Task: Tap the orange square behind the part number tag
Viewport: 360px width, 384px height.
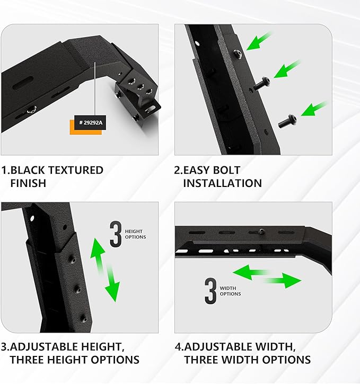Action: (74, 129)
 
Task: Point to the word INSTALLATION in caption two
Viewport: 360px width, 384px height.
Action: (222, 183)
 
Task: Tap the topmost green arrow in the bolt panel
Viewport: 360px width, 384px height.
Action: (259, 42)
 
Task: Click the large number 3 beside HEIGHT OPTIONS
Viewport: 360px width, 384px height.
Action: (116, 235)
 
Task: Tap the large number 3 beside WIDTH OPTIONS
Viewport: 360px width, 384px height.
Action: (210, 291)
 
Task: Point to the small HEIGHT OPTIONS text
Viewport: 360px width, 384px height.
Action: (135, 234)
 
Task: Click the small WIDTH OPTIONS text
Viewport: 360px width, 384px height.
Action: (230, 291)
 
